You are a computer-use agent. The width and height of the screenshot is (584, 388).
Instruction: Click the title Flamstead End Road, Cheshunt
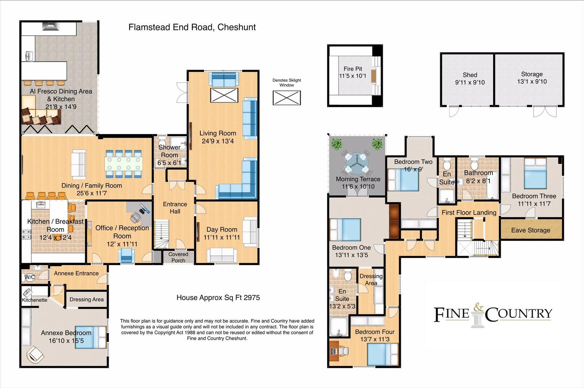(192, 27)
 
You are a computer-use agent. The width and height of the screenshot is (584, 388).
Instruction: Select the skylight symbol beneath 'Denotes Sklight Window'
(287, 98)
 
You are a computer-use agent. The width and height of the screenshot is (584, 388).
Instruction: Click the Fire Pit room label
(353, 69)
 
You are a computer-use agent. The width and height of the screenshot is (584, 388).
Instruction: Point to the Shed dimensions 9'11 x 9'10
(470, 82)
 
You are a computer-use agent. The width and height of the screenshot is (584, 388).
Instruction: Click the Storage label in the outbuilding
(531, 74)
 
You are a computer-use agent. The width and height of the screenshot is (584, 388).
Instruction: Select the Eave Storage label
(530, 230)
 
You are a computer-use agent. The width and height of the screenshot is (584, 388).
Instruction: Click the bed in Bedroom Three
(535, 173)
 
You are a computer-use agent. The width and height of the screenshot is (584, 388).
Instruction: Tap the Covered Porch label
(178, 257)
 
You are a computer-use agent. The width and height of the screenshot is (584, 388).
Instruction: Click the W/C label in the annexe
(30, 277)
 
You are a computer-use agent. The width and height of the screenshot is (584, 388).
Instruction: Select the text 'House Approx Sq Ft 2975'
(218, 297)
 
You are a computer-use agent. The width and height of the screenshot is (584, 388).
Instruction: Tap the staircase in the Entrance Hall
(161, 234)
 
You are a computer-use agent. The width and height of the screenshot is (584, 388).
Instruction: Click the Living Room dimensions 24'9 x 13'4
(218, 141)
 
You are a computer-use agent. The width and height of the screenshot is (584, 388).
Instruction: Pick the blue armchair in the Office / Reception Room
(127, 255)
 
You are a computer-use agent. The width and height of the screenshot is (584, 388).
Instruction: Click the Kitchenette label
(34, 300)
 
